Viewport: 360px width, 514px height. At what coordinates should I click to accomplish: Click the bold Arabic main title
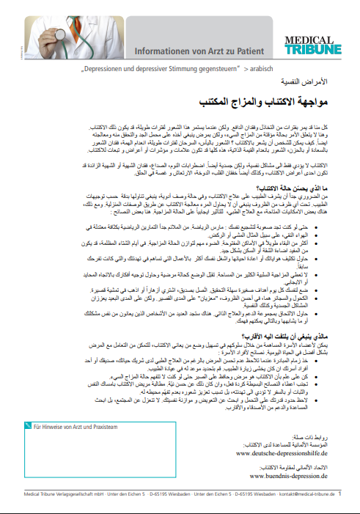(x=271, y=98)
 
